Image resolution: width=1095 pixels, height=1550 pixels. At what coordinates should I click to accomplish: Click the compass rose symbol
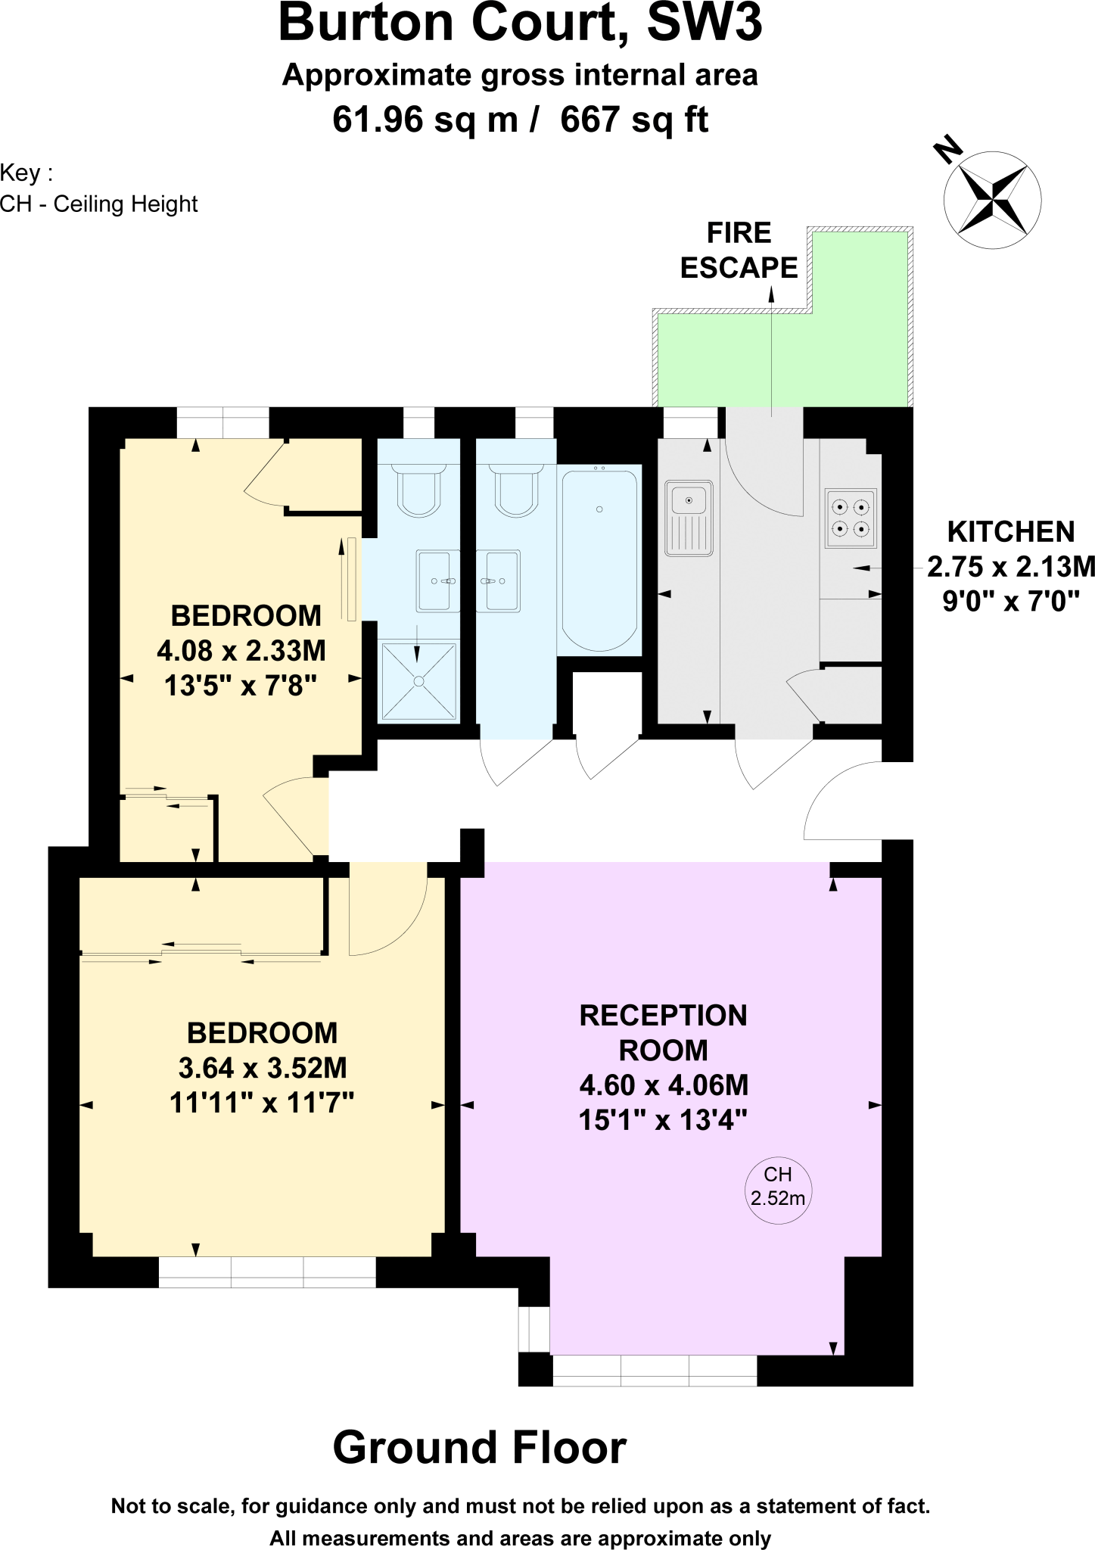pos(992,200)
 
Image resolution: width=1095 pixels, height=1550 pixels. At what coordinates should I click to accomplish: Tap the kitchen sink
pos(689,518)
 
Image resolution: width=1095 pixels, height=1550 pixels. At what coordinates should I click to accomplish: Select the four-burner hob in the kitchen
pos(851,518)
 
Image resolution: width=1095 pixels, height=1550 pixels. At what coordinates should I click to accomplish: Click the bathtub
pos(599,560)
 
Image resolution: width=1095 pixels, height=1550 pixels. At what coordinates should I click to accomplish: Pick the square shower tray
pos(418,681)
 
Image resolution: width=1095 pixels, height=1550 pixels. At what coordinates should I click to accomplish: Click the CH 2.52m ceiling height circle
pos(778,1187)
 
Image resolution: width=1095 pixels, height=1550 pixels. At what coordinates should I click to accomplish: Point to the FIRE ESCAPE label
pos(739,251)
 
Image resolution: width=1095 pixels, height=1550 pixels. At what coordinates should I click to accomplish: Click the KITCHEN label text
pos(1010,532)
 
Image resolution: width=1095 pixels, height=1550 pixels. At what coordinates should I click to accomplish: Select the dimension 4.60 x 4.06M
pos(664,1085)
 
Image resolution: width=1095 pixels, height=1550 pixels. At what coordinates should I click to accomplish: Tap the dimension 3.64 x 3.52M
pos(263,1068)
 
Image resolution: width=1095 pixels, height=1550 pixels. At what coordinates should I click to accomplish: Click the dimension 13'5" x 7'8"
pos(241,686)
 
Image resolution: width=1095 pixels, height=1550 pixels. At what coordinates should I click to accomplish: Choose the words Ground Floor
pos(479,1447)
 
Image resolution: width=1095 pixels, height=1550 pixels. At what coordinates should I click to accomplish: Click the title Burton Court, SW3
pos(521,23)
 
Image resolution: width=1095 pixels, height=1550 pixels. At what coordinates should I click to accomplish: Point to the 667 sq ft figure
pos(634,120)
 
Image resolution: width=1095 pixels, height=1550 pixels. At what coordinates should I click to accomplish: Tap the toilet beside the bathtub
pos(516,490)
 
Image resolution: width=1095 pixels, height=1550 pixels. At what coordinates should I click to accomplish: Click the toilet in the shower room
pos(418,490)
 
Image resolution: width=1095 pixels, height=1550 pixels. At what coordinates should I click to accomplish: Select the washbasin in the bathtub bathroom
pos(499,580)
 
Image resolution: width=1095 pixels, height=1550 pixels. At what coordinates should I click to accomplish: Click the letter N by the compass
pos(947,149)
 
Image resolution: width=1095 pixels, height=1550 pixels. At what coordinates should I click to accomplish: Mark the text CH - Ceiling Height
pos(99,204)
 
